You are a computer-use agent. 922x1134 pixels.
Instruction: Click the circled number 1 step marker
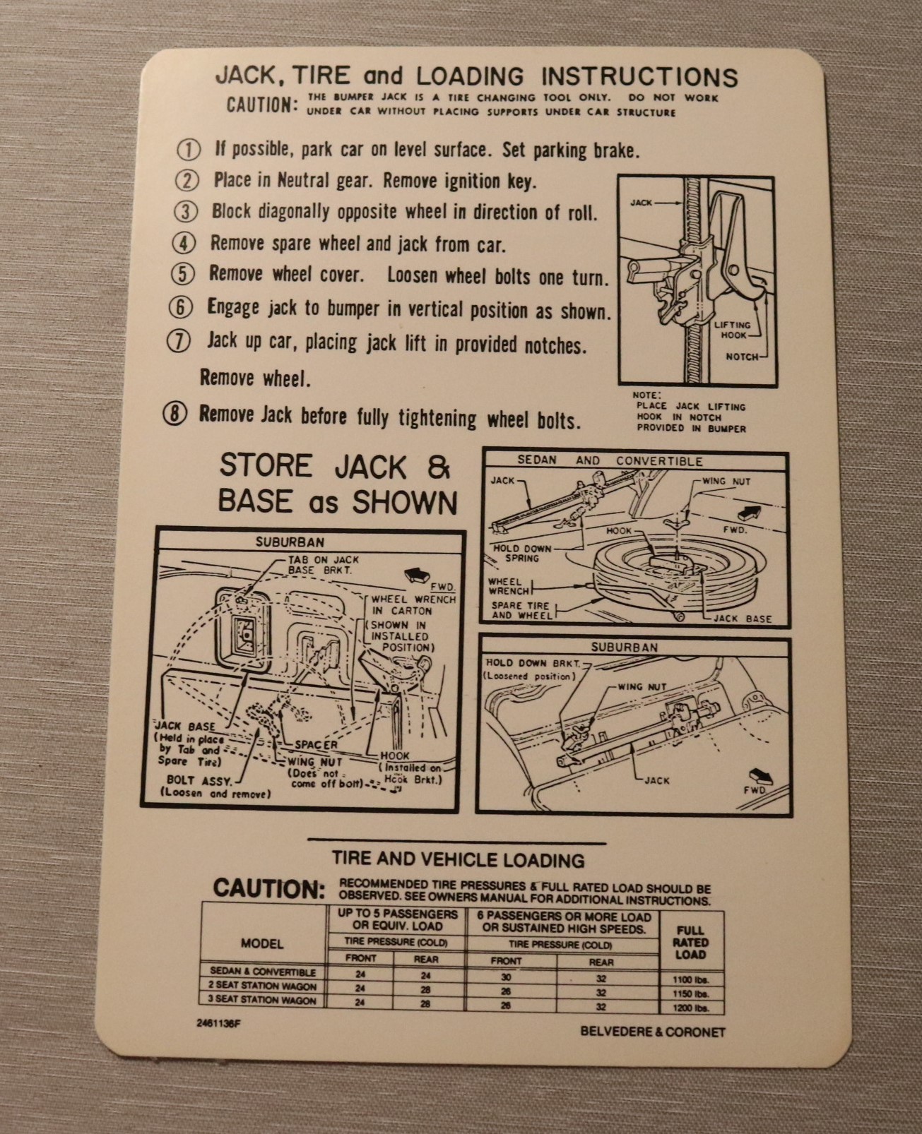(189, 150)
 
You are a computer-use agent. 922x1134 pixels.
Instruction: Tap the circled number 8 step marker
(176, 414)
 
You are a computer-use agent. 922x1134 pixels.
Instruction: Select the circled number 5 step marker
(183, 274)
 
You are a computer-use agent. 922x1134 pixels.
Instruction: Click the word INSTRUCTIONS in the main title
(639, 77)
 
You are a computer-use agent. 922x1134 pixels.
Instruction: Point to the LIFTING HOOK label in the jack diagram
(733, 330)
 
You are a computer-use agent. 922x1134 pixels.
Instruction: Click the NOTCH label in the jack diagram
(742, 357)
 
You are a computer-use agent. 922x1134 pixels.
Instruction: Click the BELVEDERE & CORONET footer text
(653, 1032)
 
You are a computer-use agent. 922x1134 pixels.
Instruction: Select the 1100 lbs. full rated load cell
(691, 979)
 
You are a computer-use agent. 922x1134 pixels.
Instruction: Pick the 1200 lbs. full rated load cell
(691, 1008)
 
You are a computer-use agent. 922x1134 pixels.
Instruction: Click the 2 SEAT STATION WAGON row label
(263, 986)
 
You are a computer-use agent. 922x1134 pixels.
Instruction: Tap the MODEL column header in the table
(262, 944)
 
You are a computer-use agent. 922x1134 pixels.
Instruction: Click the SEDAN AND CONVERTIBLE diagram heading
(610, 461)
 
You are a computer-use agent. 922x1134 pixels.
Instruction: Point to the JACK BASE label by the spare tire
(742, 619)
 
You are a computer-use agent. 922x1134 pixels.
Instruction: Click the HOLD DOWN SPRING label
(521, 553)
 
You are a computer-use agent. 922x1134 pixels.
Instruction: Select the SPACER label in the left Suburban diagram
(316, 745)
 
